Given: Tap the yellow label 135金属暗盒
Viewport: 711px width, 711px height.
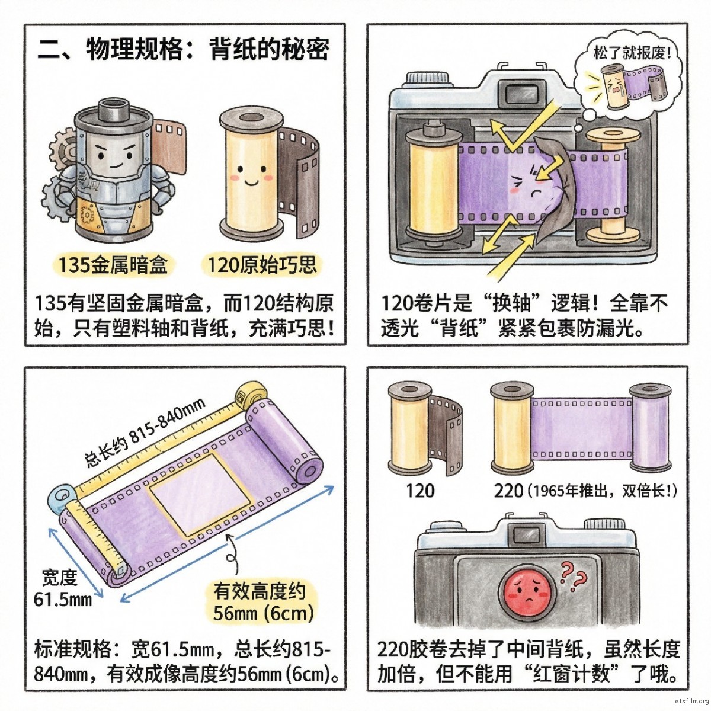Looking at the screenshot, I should tap(113, 264).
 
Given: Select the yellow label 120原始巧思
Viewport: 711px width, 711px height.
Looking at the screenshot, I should tap(261, 264).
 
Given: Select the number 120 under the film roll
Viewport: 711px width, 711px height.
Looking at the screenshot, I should tap(420, 491).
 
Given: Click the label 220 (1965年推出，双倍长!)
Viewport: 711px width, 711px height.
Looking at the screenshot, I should tap(584, 491).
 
